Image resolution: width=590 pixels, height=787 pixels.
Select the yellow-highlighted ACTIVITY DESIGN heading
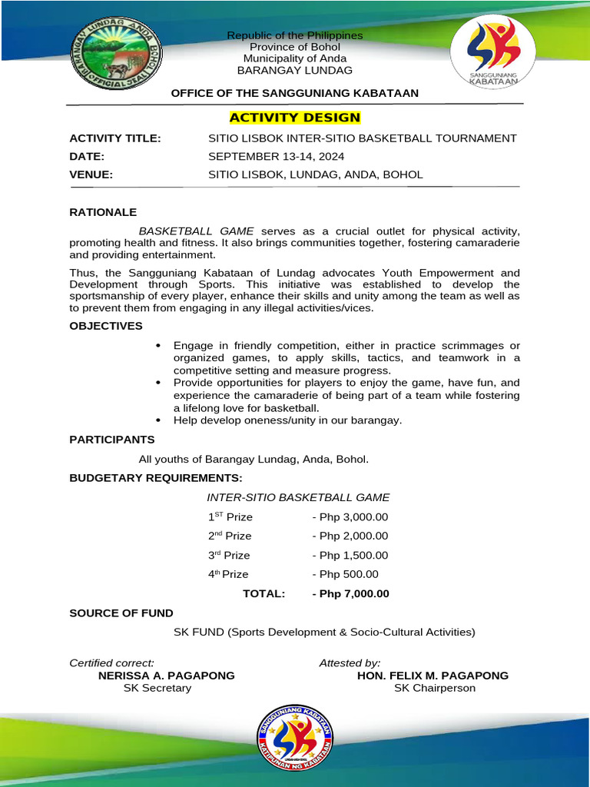point(295,118)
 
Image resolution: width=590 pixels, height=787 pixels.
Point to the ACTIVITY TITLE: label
point(115,138)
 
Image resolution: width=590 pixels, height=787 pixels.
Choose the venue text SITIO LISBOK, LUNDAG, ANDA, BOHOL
point(315,174)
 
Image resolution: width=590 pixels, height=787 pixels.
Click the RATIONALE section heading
point(103,211)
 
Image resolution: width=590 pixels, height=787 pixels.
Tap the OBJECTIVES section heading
point(106,326)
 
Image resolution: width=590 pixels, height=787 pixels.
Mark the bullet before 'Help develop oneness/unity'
point(158,420)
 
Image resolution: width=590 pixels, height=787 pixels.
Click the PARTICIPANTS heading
point(112,440)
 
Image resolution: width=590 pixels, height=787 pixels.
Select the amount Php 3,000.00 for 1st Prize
point(350,516)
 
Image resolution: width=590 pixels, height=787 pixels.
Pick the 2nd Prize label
point(229,536)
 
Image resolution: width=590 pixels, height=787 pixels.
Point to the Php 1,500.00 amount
point(350,555)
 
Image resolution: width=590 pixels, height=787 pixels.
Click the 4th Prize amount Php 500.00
point(345,574)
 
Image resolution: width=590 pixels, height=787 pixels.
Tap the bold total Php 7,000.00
point(350,593)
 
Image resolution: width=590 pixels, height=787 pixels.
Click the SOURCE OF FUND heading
point(121,613)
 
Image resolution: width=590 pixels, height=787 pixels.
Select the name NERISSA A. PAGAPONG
point(167,676)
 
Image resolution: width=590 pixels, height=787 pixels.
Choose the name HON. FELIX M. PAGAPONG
point(433,676)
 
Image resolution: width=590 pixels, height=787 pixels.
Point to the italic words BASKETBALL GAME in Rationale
point(197,231)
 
